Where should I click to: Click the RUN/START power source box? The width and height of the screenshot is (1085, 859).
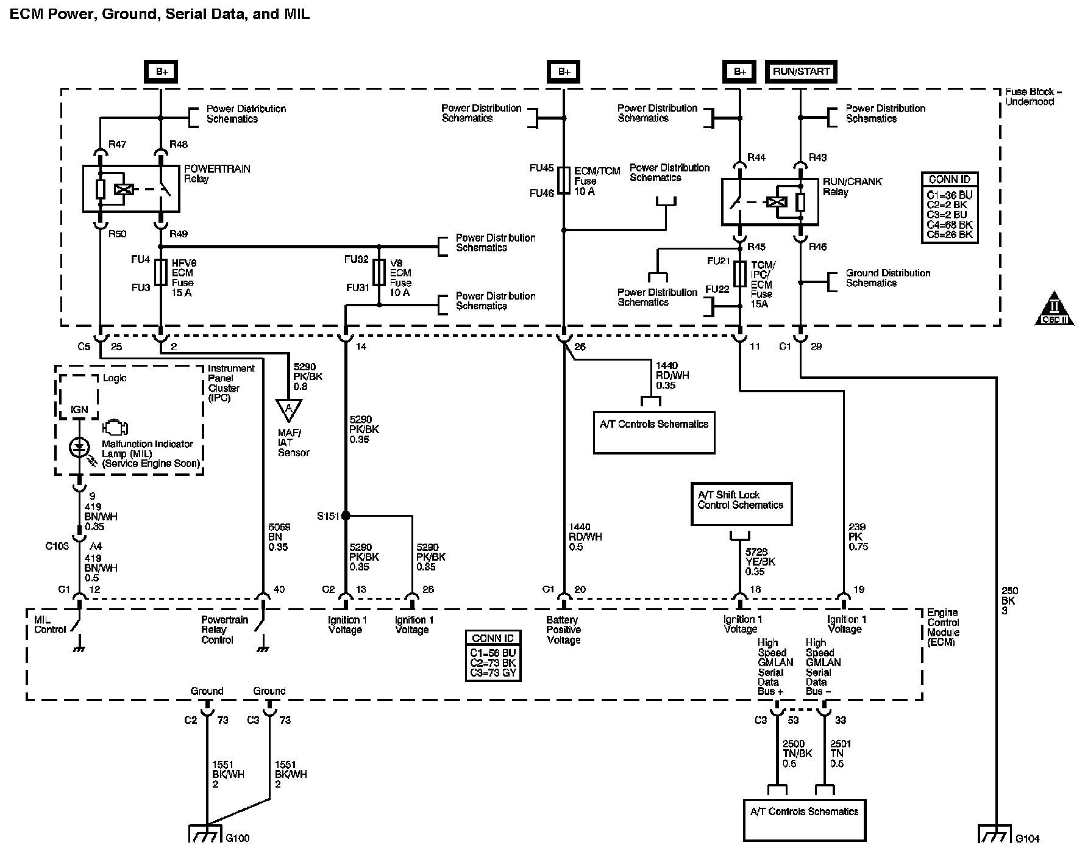(x=801, y=71)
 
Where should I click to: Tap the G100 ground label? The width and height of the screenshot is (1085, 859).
(x=238, y=838)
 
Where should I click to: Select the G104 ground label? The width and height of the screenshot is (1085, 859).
(x=1028, y=839)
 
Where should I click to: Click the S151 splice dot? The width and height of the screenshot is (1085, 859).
(x=346, y=516)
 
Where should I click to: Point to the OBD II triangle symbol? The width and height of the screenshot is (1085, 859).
(x=1054, y=311)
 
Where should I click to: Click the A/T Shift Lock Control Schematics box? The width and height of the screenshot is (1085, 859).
(x=741, y=504)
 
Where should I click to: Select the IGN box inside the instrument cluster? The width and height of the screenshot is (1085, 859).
(x=79, y=410)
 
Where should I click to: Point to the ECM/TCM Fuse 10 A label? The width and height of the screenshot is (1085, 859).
(x=597, y=181)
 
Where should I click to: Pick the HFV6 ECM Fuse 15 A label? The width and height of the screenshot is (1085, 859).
(x=183, y=278)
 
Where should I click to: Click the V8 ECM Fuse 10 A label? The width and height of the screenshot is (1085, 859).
(x=400, y=278)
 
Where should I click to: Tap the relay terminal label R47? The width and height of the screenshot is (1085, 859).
(x=117, y=145)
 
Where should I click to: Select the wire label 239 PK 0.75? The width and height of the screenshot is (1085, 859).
(x=858, y=537)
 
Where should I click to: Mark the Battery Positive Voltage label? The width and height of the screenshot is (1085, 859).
(x=564, y=630)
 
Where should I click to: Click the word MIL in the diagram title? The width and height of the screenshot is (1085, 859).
(x=297, y=13)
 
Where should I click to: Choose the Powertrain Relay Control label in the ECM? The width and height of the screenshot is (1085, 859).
(x=225, y=630)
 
